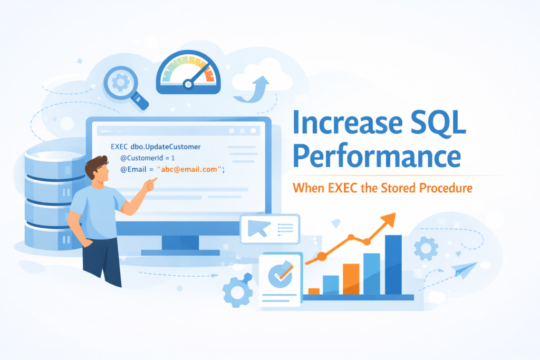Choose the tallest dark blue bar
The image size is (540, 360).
click(393, 264)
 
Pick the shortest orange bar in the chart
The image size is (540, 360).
click(314, 291)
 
